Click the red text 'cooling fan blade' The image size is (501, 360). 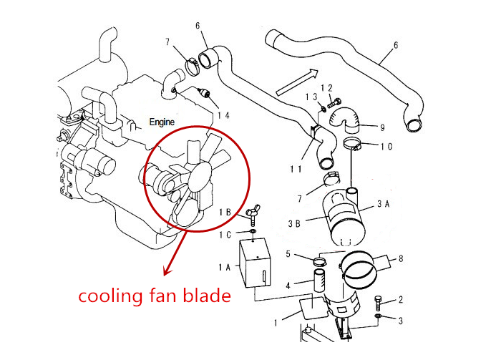[154, 295]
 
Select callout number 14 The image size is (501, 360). [223, 115]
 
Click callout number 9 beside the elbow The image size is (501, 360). [382, 128]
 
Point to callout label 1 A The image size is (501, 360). [223, 266]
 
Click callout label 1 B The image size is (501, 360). [224, 212]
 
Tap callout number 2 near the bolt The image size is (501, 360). [401, 300]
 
